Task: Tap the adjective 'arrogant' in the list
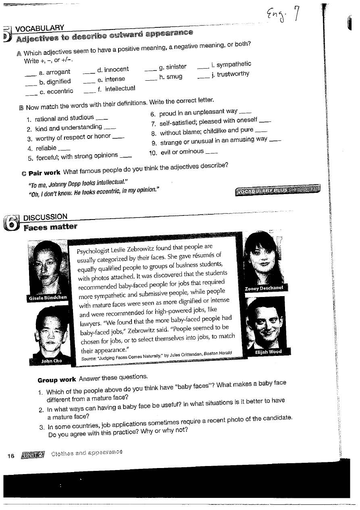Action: click(58, 72)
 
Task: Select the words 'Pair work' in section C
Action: click(45, 172)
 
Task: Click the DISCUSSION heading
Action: click(45, 217)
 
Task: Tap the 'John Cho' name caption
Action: click(52, 361)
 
